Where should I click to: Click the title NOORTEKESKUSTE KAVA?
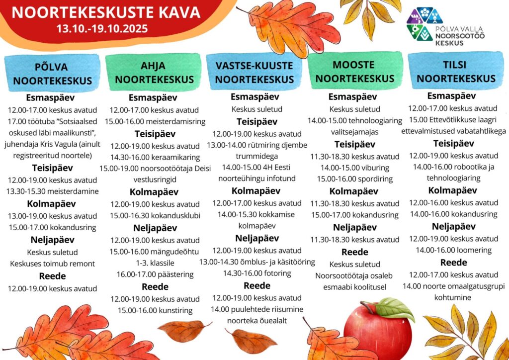click(106, 12)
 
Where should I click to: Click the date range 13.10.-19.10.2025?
click(102, 28)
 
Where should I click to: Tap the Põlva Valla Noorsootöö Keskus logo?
click(445, 27)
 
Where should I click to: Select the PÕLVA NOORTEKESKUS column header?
click(52, 73)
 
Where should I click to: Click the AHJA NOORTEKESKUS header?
click(154, 72)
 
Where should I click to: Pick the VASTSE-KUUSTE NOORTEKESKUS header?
click(254, 72)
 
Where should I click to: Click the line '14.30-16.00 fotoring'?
click(256, 273)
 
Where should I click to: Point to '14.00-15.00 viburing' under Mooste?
click(354, 168)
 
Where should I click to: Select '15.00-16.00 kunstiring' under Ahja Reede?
click(155, 311)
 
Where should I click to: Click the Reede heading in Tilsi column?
click(453, 263)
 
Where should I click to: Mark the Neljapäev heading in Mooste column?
click(354, 227)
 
